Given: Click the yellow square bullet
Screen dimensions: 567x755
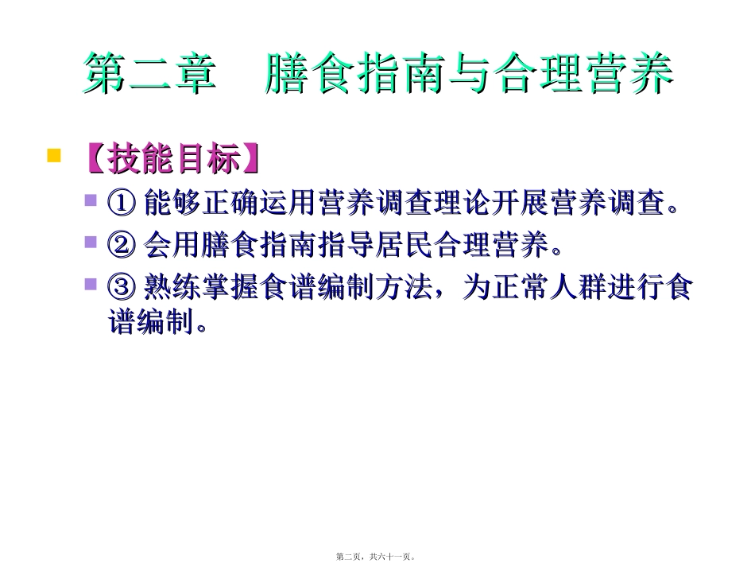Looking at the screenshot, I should click(54, 154).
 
